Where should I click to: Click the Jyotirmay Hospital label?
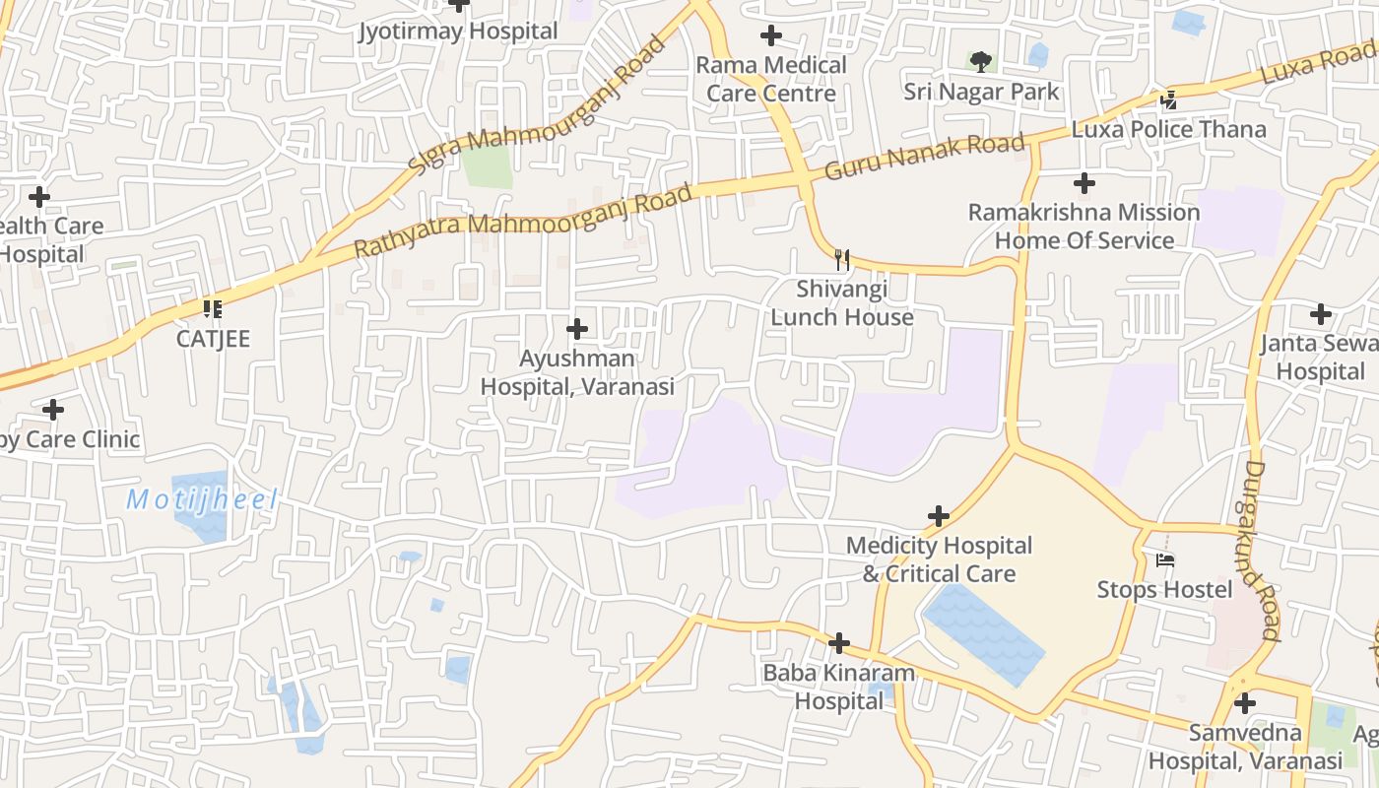coord(458,31)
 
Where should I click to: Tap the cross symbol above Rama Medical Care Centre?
coord(771,36)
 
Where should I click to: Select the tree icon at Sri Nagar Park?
coord(980,62)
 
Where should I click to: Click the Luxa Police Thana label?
coord(1168,129)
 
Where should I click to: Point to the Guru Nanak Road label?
coord(925,157)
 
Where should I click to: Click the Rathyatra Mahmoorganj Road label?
coord(523,222)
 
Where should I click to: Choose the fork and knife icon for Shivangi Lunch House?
coord(842,260)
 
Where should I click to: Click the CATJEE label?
coord(213,339)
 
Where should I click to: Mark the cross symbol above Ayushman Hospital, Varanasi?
coord(578,329)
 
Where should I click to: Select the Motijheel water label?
coord(202,499)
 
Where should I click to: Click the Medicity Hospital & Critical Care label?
coord(939,559)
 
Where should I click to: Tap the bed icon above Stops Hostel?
coord(1165,560)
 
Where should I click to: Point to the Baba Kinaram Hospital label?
coord(839,688)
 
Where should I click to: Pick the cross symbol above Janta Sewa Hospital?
coord(1321,314)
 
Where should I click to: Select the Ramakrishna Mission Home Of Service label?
coord(1083,227)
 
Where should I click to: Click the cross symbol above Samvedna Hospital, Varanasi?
coord(1245,703)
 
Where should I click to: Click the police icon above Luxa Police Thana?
coord(1168,99)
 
